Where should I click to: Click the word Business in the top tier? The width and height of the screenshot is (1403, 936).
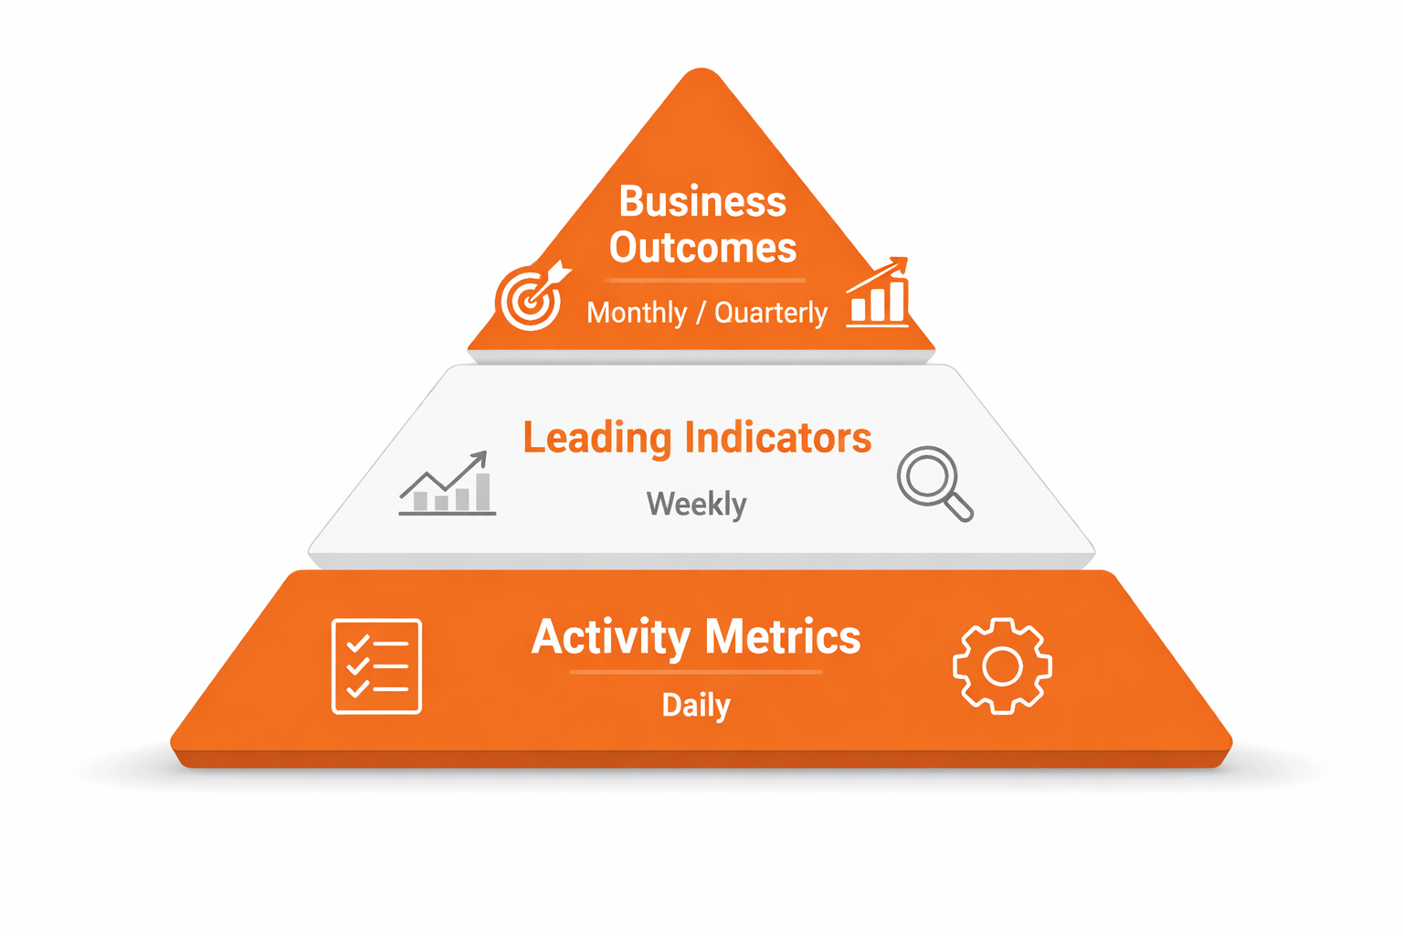click(x=701, y=202)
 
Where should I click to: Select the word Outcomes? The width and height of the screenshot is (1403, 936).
click(x=702, y=248)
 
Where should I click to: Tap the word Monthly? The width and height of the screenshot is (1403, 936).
click(x=637, y=313)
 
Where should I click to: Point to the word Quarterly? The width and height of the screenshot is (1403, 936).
click(x=771, y=313)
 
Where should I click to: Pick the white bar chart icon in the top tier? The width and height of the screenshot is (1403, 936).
click(x=878, y=294)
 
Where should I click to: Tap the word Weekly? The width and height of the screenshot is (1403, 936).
click(x=696, y=504)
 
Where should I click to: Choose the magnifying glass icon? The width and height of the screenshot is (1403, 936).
click(x=933, y=482)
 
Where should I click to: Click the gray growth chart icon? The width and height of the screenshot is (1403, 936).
click(x=447, y=484)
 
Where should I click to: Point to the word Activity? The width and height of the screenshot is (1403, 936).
click(x=610, y=637)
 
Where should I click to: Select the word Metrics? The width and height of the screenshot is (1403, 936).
click(x=783, y=637)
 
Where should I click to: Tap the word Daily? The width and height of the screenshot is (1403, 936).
click(x=696, y=706)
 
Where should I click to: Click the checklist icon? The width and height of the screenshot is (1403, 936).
click(x=376, y=665)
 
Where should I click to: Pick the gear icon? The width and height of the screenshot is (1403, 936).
click(x=1002, y=665)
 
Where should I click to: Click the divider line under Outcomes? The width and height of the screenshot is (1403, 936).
click(x=705, y=280)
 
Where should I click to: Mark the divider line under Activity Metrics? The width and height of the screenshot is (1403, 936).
click(x=696, y=672)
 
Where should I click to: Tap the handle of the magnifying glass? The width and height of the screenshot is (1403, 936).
click(x=958, y=506)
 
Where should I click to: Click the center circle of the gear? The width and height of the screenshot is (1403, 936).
click(x=1002, y=666)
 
